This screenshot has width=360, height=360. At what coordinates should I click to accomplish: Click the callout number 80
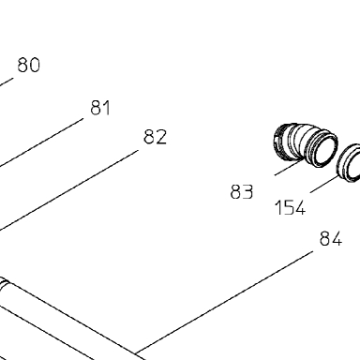point(29,65)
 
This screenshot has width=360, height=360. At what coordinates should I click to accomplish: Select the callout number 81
point(100,108)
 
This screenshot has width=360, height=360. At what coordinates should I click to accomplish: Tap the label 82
point(155,137)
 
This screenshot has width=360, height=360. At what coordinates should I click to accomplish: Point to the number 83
point(241,191)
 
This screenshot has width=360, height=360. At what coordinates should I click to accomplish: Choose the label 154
point(290,207)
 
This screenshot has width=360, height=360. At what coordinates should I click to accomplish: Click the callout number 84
point(331,239)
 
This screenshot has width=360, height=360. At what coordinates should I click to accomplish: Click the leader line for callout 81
point(41,142)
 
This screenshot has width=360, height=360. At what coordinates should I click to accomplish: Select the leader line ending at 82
point(68,190)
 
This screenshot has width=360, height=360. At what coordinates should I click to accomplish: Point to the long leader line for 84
point(224,303)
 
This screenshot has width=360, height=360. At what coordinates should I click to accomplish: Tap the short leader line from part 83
point(290,167)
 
